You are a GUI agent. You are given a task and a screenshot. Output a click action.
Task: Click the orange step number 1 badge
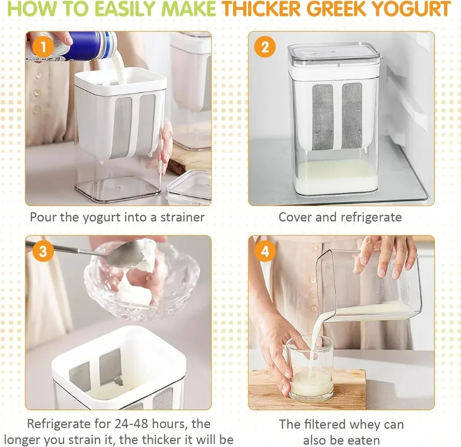[x=43, y=47]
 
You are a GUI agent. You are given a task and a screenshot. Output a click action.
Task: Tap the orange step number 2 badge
[x=265, y=47]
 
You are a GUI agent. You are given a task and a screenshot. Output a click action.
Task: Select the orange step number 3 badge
[x=43, y=251]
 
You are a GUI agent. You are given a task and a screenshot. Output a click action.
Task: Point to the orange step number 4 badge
[x=265, y=251]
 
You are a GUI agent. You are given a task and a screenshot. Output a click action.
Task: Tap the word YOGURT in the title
[x=414, y=9]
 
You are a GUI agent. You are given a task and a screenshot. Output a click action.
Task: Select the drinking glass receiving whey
[x=310, y=368]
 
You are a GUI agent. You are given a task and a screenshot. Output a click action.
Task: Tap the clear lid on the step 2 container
[x=333, y=55]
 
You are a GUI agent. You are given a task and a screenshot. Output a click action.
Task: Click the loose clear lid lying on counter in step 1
[x=188, y=187]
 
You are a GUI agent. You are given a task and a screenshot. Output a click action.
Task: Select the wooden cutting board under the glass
[x=307, y=389]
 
